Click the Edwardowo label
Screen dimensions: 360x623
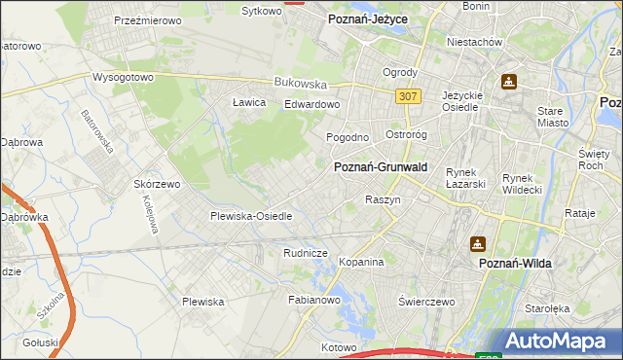(311, 105)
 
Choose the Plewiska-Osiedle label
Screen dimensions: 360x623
(251, 216)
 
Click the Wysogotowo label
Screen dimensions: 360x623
(124, 77)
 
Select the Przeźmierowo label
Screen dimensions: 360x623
(150, 19)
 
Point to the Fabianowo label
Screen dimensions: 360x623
(312, 301)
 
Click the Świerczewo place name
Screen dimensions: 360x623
(426, 302)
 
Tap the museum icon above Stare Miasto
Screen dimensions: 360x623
(508, 81)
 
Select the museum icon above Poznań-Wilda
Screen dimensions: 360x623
(478, 244)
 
